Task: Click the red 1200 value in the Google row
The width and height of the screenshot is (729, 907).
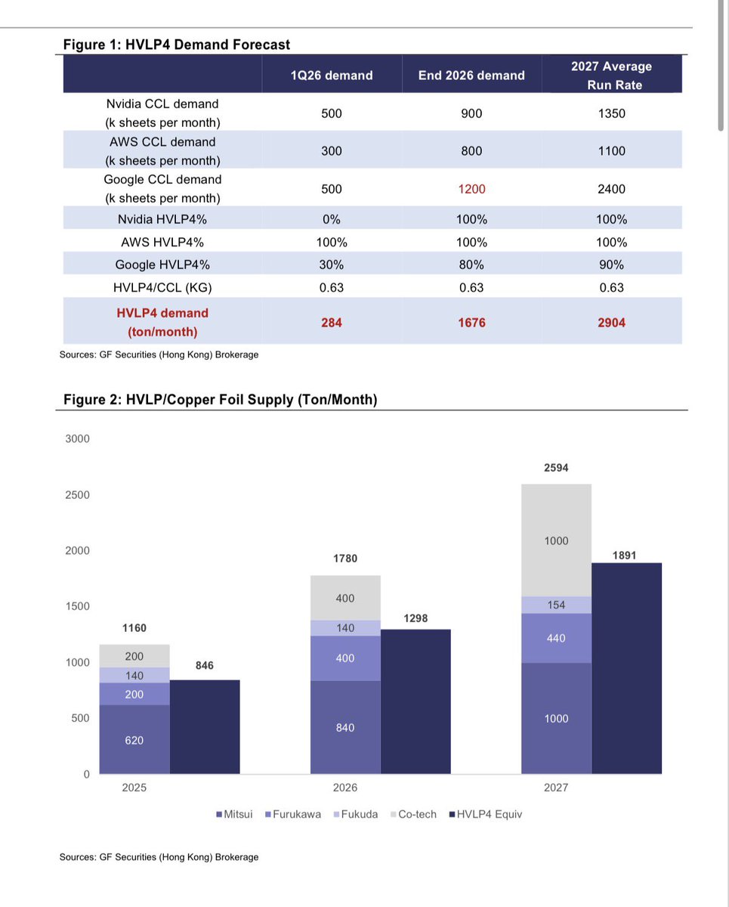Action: click(471, 189)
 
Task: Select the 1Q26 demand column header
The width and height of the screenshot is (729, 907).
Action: click(332, 76)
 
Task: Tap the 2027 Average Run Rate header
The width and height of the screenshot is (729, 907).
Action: click(611, 76)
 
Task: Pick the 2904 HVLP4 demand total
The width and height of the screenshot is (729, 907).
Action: click(611, 323)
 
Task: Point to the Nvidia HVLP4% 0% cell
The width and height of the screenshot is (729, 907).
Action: click(332, 219)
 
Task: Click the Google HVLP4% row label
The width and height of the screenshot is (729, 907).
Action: click(162, 265)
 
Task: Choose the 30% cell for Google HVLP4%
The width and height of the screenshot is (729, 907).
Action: click(332, 265)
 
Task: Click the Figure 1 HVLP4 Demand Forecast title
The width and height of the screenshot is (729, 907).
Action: click(176, 45)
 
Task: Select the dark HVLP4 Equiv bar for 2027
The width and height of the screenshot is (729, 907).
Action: click(626, 669)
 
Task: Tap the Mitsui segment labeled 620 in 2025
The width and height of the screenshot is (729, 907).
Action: click(134, 739)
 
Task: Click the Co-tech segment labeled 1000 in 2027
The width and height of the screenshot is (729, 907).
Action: click(556, 540)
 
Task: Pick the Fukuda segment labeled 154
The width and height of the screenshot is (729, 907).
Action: click(556, 605)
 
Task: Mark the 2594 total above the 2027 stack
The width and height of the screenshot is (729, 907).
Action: click(556, 468)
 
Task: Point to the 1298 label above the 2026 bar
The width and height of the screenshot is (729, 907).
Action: click(415, 618)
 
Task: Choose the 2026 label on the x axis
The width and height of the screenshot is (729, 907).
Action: click(345, 788)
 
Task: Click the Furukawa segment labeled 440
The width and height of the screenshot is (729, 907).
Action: click(556, 638)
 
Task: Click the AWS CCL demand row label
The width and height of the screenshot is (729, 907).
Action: click(162, 151)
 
